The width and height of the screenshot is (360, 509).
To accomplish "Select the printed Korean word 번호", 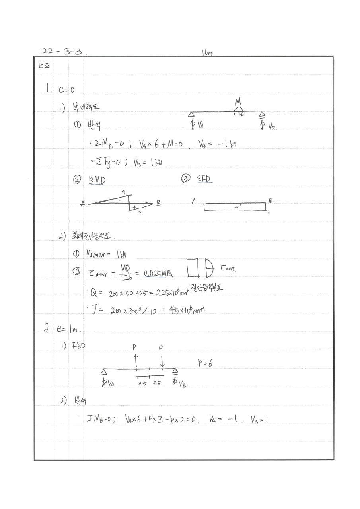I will (x=44, y=66).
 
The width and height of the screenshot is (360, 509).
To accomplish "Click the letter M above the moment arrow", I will (x=238, y=102).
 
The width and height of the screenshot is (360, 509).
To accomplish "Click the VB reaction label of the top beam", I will (x=272, y=127).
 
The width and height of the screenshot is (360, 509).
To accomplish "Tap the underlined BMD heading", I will (x=97, y=180).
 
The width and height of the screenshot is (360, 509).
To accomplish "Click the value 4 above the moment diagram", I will (x=124, y=192).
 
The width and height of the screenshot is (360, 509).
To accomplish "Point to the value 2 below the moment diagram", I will (x=140, y=214).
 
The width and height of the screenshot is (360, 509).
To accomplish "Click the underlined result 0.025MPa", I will (x=158, y=273).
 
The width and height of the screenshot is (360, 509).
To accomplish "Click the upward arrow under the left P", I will (x=136, y=361).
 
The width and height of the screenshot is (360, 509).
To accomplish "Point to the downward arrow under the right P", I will (x=162, y=361).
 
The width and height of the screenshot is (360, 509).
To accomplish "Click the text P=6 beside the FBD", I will (x=204, y=363).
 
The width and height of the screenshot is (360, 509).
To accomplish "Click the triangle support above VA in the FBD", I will (x=104, y=372).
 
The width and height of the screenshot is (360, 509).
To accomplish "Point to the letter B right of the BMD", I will (x=158, y=203).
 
